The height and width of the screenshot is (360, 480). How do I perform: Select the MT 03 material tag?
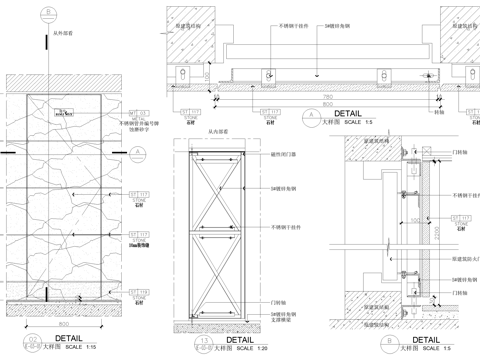tap(139, 113)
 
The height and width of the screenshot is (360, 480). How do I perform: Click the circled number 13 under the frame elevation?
tap(177, 343)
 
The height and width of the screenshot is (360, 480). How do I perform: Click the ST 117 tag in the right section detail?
tap(461, 213)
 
